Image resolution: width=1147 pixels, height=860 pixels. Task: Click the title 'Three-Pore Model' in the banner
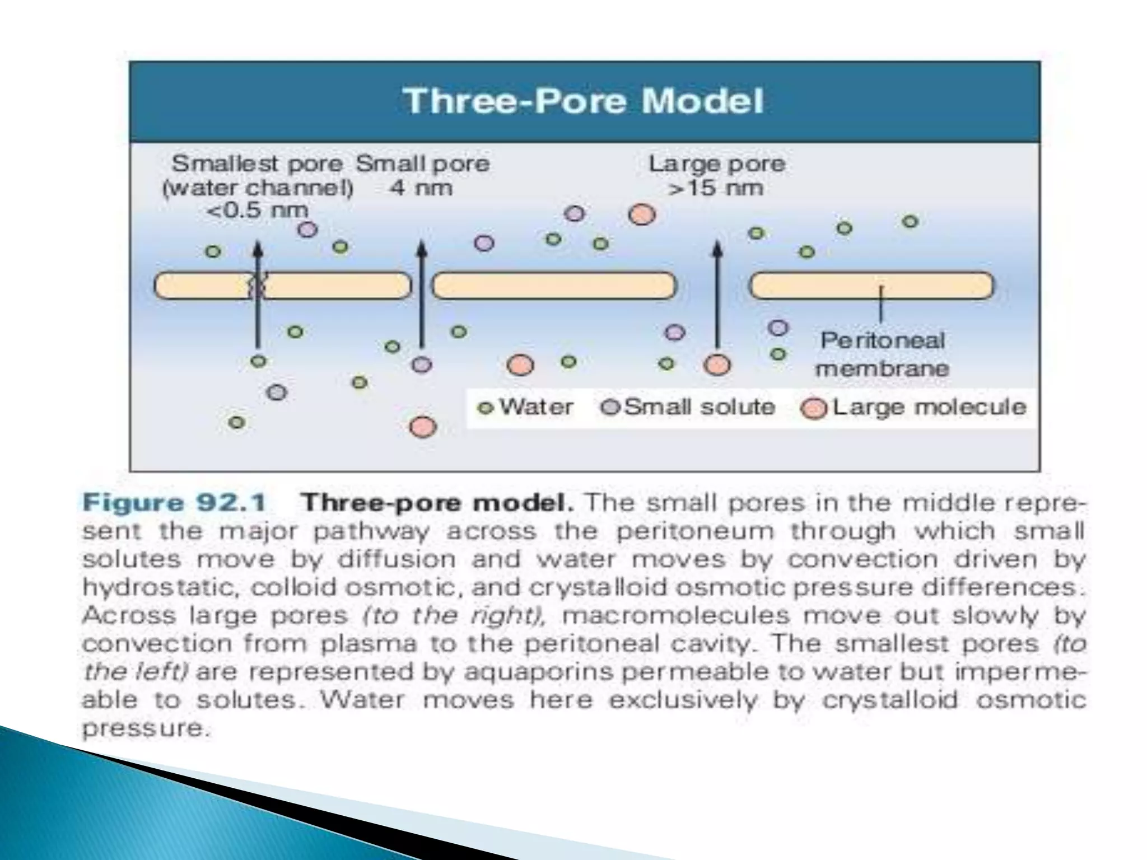[x=584, y=101]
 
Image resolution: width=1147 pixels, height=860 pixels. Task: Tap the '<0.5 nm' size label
[x=258, y=211]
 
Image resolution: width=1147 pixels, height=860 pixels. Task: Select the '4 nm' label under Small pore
[x=421, y=188]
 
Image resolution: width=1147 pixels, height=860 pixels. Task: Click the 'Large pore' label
[x=717, y=164]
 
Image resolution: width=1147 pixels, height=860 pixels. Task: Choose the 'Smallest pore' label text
[x=257, y=164]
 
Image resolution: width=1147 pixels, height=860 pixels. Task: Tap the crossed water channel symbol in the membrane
[x=257, y=286]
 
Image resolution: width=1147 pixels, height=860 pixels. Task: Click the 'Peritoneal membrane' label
[x=882, y=354]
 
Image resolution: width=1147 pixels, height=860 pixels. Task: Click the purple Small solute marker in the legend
[x=609, y=408]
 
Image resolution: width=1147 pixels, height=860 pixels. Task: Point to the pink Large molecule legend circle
[x=814, y=408]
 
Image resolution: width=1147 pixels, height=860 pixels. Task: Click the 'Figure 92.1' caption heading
[x=174, y=502]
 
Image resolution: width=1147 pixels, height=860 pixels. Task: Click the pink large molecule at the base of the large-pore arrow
[x=717, y=365]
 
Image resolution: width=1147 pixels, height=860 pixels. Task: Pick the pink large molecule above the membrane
[x=642, y=214]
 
